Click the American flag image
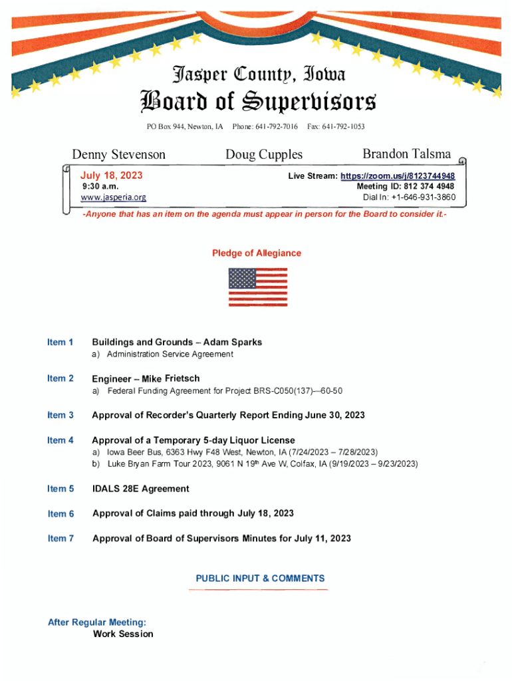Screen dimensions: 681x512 (257, 287)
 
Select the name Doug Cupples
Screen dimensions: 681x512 (263, 154)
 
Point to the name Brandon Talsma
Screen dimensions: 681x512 (406, 154)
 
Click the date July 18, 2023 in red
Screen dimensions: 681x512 (111, 176)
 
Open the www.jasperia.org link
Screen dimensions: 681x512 (113, 198)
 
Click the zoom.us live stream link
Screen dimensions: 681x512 (398, 176)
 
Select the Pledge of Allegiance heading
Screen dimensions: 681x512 (256, 253)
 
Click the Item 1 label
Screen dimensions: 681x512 (61, 342)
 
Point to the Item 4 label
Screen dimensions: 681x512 (61, 440)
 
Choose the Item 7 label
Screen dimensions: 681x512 (61, 538)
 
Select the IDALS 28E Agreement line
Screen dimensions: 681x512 (140, 489)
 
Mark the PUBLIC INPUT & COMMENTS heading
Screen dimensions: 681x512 (260, 579)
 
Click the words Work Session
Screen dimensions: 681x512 (123, 634)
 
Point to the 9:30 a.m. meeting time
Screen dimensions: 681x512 (100, 187)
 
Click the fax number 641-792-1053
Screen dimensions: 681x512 (342, 126)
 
